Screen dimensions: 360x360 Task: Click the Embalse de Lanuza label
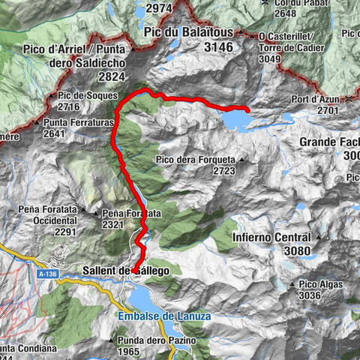164,316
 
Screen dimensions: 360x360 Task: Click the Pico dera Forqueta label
196,160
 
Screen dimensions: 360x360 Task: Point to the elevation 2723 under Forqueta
224,171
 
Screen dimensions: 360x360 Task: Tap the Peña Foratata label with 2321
132,214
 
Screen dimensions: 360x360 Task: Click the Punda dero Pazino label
156,340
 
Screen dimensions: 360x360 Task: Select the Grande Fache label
330,142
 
